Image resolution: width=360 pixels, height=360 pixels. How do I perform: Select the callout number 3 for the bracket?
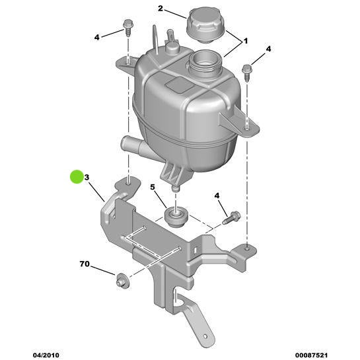click(87, 178)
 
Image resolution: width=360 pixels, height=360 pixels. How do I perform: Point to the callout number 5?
click(153, 188)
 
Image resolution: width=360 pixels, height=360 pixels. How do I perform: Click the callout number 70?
click(85, 264)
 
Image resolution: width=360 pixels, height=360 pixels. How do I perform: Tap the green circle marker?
click(77, 176)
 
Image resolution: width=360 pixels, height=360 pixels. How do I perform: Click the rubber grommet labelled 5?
click(176, 217)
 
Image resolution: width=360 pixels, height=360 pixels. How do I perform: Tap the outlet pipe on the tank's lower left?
click(131, 143)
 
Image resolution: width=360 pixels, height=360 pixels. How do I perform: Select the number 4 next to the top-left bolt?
click(96, 37)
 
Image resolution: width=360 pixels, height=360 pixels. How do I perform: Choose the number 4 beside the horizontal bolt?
click(217, 196)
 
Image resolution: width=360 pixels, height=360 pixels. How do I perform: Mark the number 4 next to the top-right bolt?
click(268, 50)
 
